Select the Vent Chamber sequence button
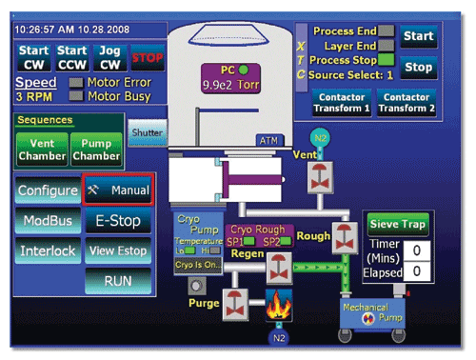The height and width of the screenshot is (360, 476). point(42,150)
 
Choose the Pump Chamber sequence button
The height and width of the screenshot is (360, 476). point(96,150)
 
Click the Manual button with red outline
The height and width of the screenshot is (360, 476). point(118,190)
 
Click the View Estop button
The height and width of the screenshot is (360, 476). point(118,251)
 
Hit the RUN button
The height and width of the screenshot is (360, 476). point(118,282)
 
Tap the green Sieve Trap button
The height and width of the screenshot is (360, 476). point(399,226)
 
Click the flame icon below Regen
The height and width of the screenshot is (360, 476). point(279,303)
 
